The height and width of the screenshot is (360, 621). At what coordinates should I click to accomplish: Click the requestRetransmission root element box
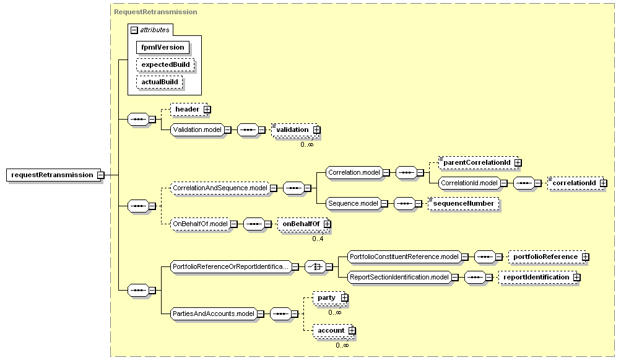click(x=52, y=175)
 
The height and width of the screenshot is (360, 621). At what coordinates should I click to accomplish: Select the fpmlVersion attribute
click(x=163, y=47)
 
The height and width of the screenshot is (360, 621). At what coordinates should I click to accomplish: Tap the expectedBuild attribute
click(x=165, y=64)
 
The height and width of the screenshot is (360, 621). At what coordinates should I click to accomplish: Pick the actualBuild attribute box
click(x=160, y=82)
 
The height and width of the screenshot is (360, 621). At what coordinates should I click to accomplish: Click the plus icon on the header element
click(x=207, y=110)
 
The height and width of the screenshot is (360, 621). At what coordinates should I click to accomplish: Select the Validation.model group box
click(x=198, y=130)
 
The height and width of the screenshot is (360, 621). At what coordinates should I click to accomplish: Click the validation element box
click(x=295, y=130)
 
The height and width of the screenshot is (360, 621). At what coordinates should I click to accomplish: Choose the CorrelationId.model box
click(x=469, y=183)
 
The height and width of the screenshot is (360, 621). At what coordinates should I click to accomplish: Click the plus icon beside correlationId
click(x=603, y=183)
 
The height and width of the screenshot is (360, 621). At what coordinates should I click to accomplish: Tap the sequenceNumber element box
click(x=463, y=203)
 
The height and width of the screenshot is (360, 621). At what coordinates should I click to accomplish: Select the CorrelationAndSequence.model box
click(x=220, y=188)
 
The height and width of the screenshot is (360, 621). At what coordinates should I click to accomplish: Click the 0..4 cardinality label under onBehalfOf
click(x=318, y=239)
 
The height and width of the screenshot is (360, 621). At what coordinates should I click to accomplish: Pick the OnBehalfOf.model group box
click(x=201, y=224)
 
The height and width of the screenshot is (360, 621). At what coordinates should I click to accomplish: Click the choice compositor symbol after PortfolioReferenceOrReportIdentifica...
click(x=315, y=267)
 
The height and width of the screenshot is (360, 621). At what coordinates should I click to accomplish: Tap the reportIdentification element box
click(x=537, y=277)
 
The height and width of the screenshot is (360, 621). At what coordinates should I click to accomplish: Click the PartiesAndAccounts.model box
click(x=214, y=314)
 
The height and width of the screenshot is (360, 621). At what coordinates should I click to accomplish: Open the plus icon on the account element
click(x=352, y=331)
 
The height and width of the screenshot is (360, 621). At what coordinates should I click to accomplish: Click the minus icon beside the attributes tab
click(x=134, y=30)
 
